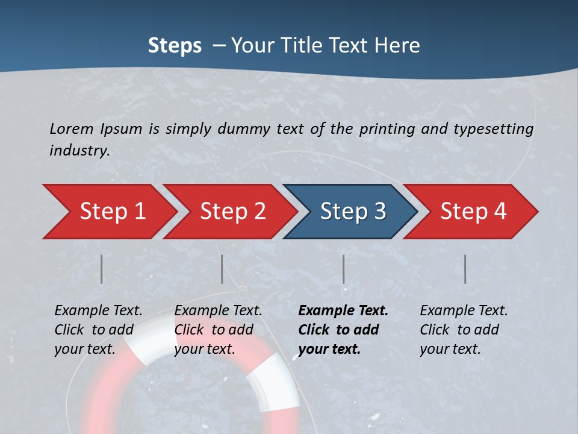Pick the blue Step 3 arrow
pos(353,212)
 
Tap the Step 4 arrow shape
pos(473,212)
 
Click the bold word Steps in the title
pos(175,46)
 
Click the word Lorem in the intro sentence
pos(71,128)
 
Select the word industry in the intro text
pos(79,151)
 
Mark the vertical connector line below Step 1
pos(102,269)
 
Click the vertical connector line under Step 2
pos(222,269)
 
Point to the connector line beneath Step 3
pos(344,269)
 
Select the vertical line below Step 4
pos(465,269)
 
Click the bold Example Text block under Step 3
pos(343,330)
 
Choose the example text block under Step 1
pos(98,330)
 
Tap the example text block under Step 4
pos(464,330)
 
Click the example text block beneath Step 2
pos(218,330)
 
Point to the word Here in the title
pos(400,46)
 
